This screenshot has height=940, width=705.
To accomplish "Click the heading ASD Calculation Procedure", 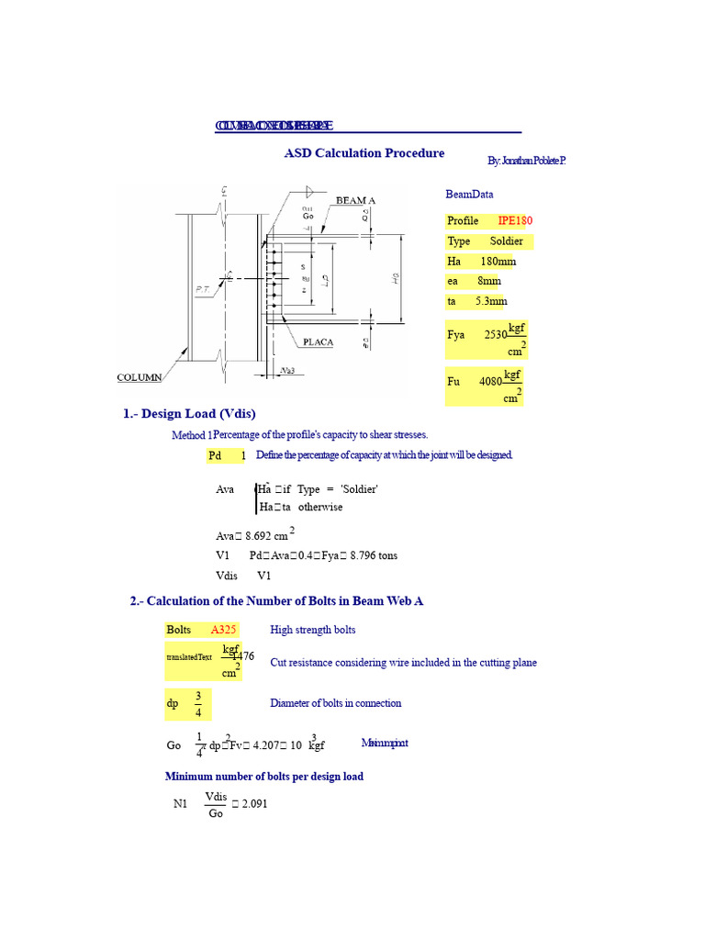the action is pos(364,153).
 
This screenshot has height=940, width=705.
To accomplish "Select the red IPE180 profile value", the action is pos(515,220).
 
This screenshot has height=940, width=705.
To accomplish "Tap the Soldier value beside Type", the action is pos(506,241).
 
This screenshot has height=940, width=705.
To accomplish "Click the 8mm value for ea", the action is pos(488,281).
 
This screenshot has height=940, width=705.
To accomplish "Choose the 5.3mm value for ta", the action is pos(491,301).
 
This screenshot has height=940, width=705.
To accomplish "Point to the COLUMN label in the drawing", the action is pos(139,377).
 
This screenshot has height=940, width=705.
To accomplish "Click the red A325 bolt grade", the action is pos(224,630).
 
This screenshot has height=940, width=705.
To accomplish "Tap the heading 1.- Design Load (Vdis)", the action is pos(189,414).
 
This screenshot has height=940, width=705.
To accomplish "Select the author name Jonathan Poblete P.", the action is pos(526,162).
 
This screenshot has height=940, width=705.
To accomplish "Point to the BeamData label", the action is pos(469,195).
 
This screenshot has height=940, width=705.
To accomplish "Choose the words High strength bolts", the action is pos(313,630).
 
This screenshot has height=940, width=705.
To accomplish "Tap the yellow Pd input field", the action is pos(228,455).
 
